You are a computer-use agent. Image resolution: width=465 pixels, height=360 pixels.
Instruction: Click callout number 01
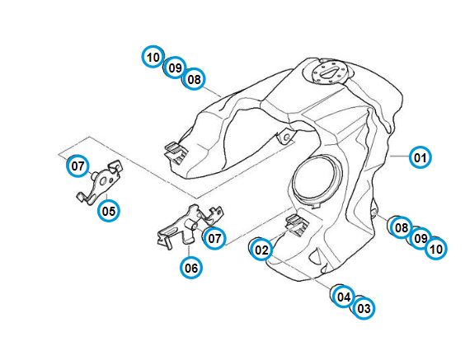tap(420, 157)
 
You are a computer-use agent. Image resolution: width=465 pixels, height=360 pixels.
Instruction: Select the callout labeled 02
tap(261, 250)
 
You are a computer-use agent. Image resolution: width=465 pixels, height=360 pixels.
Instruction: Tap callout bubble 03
tap(364, 308)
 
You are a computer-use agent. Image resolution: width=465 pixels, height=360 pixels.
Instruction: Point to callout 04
tap(344, 297)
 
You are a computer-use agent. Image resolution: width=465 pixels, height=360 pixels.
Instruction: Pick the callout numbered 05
tap(109, 211)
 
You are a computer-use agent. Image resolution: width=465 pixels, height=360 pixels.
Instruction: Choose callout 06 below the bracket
tap(191, 268)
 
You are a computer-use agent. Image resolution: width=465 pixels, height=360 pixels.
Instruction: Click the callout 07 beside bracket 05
tap(77, 166)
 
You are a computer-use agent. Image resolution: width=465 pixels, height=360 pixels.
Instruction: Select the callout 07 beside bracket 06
tap(214, 238)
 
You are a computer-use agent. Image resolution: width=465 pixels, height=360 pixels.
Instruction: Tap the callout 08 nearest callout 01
tap(402, 227)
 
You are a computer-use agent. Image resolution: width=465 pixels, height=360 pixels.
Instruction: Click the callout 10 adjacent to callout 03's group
tap(435, 249)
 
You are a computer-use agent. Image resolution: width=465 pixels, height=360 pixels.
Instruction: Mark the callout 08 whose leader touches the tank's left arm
tap(195, 79)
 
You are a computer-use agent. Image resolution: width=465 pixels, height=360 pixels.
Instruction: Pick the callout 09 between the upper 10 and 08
tap(175, 68)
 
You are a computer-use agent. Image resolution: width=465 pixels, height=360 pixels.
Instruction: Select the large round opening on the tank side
tap(316, 180)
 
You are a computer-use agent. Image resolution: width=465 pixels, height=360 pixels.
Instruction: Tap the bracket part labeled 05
tap(99, 182)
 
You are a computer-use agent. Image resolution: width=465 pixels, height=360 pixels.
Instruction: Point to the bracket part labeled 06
tap(189, 225)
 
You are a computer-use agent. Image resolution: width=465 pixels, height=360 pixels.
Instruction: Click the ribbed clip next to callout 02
tap(297, 223)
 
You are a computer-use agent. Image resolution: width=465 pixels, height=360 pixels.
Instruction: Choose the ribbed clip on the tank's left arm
tap(176, 152)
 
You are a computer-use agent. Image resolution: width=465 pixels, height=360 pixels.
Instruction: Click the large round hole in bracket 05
tap(104, 181)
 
